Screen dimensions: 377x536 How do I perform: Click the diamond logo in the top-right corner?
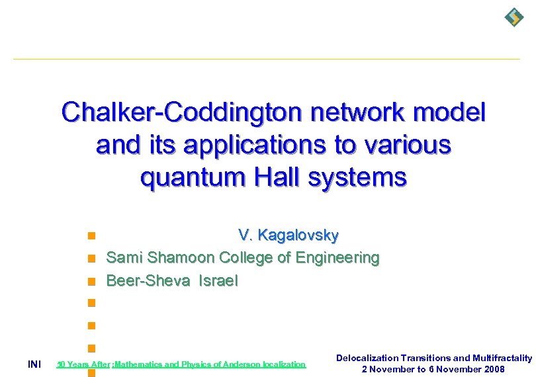pos(514,17)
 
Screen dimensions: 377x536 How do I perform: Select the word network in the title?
pos(364,113)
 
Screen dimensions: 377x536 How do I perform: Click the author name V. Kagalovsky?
pos(289,235)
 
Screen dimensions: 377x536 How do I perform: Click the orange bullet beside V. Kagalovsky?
pos(92,235)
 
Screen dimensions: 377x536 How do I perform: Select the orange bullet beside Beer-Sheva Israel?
pos(92,280)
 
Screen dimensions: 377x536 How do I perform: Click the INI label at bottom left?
pos(34,364)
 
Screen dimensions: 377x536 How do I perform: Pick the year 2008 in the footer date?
pos(494,369)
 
